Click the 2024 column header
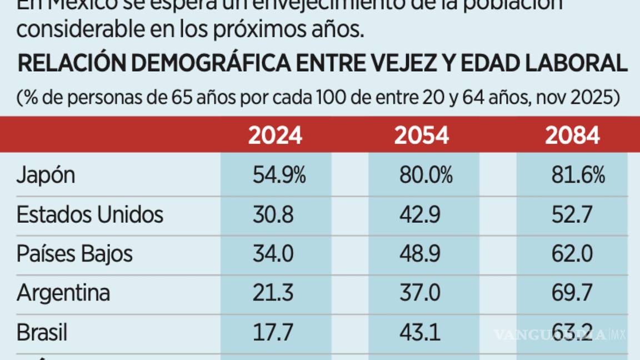tap(275, 136)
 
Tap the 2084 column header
tap(572, 136)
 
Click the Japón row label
tap(46, 176)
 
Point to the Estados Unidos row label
tap(90, 214)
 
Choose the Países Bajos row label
tap(75, 254)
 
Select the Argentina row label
tap(63, 293)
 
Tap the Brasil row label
tap(42, 332)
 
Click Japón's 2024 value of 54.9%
tap(279, 176)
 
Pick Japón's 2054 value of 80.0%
tap(426, 176)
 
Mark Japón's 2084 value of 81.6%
tap(578, 176)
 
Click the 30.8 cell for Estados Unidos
tap(273, 214)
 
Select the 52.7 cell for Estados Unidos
tap(572, 214)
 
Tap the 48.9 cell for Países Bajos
tap(420, 254)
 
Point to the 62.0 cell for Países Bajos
tap(572, 254)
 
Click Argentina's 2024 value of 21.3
tap(273, 293)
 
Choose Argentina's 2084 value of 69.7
tap(572, 293)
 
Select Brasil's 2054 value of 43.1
tap(420, 332)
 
